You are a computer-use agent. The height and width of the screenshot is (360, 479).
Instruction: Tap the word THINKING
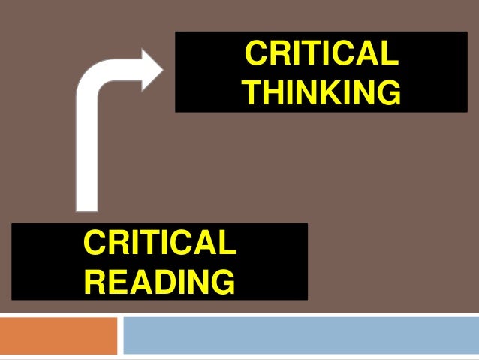(321, 93)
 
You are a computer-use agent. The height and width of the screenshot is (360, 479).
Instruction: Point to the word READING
(159, 281)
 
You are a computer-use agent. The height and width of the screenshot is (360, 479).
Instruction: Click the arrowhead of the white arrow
(152, 73)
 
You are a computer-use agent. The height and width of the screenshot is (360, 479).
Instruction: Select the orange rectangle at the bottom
(59, 335)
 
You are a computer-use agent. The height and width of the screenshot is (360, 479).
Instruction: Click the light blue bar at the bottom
(300, 335)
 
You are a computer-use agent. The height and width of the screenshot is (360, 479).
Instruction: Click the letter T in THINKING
(255, 93)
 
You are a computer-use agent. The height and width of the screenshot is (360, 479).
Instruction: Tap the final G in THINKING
(387, 93)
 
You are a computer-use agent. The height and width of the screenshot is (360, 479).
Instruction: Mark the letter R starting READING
(95, 281)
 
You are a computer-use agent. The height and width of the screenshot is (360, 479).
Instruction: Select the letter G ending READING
(222, 281)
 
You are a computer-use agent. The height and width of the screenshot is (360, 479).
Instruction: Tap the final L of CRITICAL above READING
(227, 244)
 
